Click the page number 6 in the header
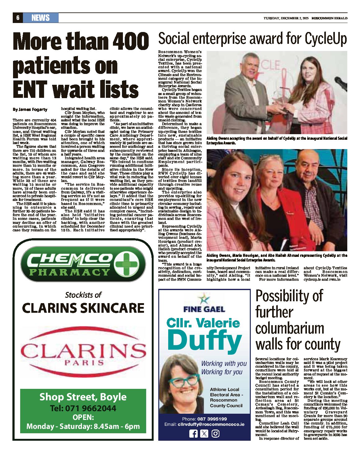coord(18,18)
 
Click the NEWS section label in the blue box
coord(41,18)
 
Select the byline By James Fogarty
coord(30,110)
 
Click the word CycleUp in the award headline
coord(326,39)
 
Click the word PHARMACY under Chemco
coord(69,272)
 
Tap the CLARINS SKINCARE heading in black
coord(83,308)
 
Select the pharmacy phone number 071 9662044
coord(90,408)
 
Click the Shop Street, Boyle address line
coord(83,397)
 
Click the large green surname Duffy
coord(204,341)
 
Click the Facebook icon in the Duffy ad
coord(193,434)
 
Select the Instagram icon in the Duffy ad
coord(215,434)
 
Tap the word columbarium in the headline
coord(290,328)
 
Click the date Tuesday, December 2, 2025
coord(286,18)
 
